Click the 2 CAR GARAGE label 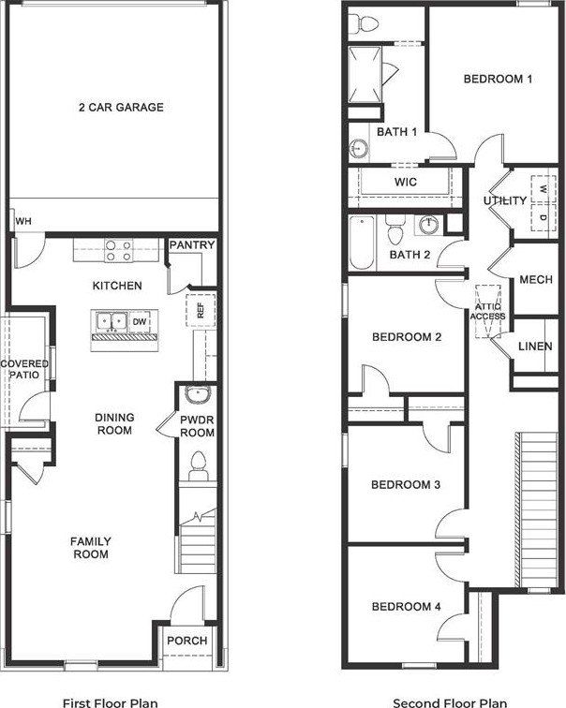click(120, 108)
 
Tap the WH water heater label click(24, 221)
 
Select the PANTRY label click(192, 245)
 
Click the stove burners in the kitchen click(117, 250)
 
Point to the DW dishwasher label click(140, 322)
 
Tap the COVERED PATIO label click(24, 369)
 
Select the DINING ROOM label click(113, 424)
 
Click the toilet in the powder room click(197, 463)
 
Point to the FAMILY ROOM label click(92, 548)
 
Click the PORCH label click(187, 641)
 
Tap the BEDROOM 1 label click(498, 79)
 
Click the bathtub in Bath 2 click(362, 243)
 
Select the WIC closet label click(405, 182)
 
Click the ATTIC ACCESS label click(488, 310)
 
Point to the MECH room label click(536, 280)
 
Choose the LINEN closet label click(535, 347)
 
